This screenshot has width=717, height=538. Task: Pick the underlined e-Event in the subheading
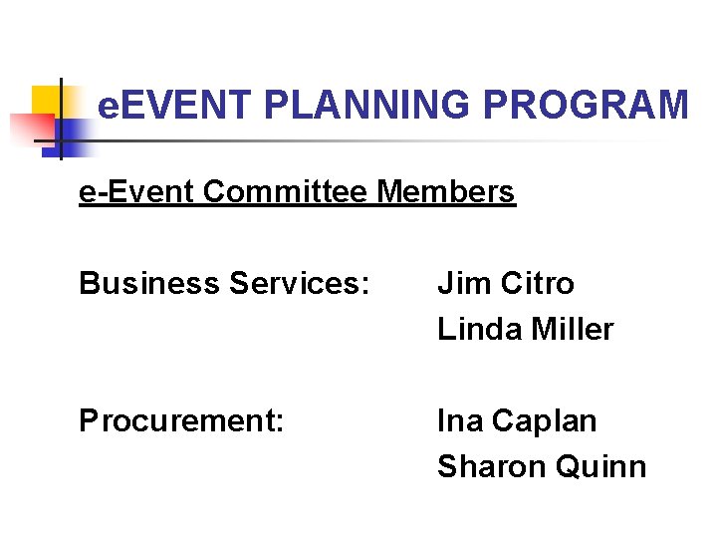[x=136, y=191]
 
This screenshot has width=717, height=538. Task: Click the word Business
[x=149, y=284]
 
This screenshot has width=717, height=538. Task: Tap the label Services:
[x=299, y=284]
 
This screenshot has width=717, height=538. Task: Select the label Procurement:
[x=182, y=421]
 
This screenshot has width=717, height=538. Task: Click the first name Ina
[x=457, y=421]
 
